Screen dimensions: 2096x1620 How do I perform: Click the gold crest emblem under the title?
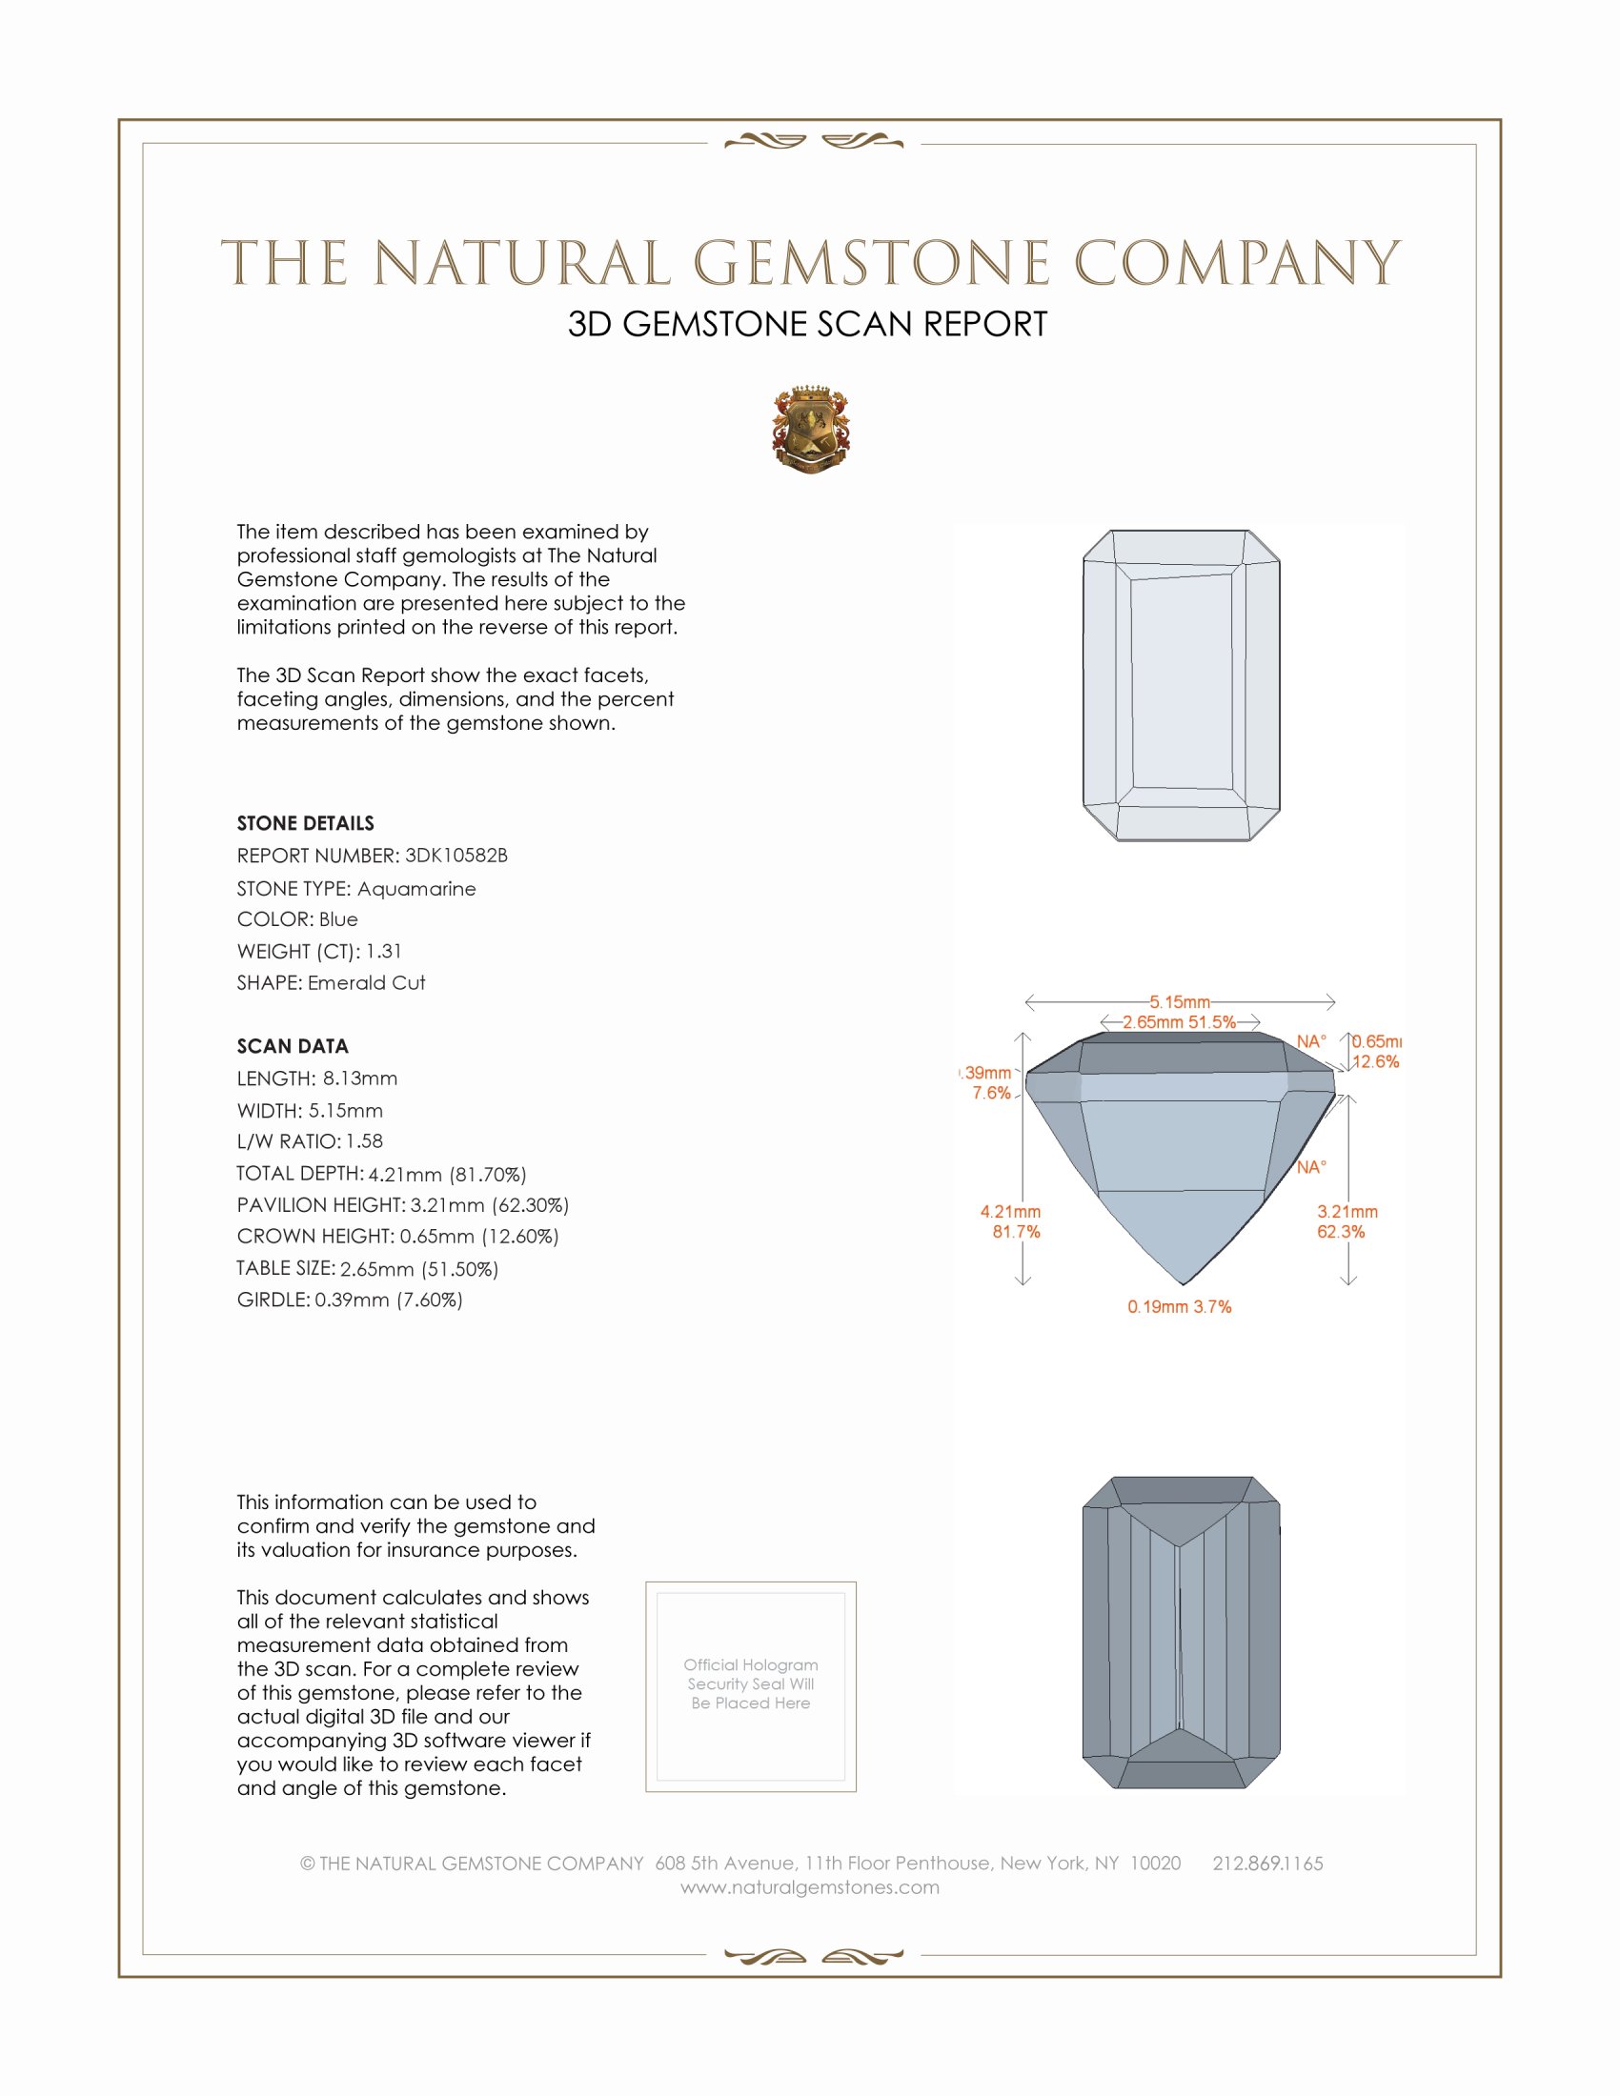coord(811,430)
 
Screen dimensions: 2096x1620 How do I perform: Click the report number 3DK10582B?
coord(456,856)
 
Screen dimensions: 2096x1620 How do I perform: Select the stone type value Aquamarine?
coord(416,889)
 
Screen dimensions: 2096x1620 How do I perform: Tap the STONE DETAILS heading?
coord(305,823)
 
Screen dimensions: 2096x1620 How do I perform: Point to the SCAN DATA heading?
coord(293,1046)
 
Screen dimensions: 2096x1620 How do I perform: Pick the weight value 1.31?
coord(384,951)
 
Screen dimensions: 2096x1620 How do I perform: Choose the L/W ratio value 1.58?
coord(365,1141)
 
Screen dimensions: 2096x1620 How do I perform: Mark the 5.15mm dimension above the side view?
coord(1180,1002)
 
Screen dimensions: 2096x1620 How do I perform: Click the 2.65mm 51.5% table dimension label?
coord(1180,1022)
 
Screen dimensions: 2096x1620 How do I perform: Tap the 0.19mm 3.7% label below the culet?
coord(1180,1306)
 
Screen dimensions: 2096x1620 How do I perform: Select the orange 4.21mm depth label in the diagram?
coord(1010,1212)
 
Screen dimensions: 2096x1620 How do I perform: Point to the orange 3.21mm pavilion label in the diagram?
coord(1347,1212)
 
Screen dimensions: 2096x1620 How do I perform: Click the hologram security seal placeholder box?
coord(751,1686)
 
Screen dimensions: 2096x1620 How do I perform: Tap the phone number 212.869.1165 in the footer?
coord(1267,1863)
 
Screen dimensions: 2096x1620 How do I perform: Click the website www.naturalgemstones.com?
coord(810,1886)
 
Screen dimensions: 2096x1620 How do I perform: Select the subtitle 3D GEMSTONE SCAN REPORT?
coord(807,324)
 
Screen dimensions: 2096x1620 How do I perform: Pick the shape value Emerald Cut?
coord(367,983)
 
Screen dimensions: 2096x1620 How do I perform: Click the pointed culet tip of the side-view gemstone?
coord(1184,1283)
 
